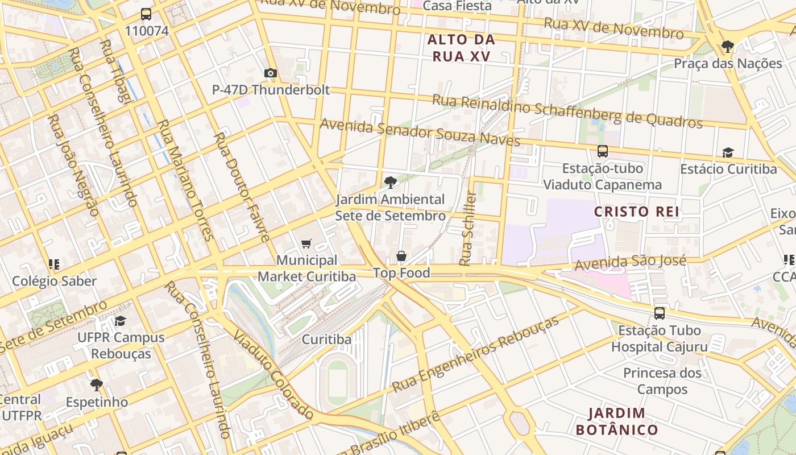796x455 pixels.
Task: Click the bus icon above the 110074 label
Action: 146,14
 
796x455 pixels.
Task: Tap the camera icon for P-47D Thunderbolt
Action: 271,73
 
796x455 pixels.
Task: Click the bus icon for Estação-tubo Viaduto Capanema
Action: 603,151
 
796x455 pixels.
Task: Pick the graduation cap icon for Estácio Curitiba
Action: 728,152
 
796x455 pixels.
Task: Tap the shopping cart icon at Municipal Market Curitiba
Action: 306,244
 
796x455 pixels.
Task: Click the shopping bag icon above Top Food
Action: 401,256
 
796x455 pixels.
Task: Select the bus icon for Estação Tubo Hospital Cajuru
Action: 660,313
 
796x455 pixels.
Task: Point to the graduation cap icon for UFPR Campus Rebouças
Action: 120,321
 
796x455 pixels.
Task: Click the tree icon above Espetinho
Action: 97,385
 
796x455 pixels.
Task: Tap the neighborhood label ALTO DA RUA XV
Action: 461,48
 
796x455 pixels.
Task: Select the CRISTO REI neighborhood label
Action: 637,212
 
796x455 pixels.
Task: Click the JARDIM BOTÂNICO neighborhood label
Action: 617,421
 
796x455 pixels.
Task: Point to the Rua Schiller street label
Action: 468,229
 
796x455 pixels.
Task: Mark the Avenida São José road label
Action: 630,263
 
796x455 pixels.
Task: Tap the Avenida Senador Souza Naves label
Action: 420,131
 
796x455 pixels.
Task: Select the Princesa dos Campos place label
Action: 662,381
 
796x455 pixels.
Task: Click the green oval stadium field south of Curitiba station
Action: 337,379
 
